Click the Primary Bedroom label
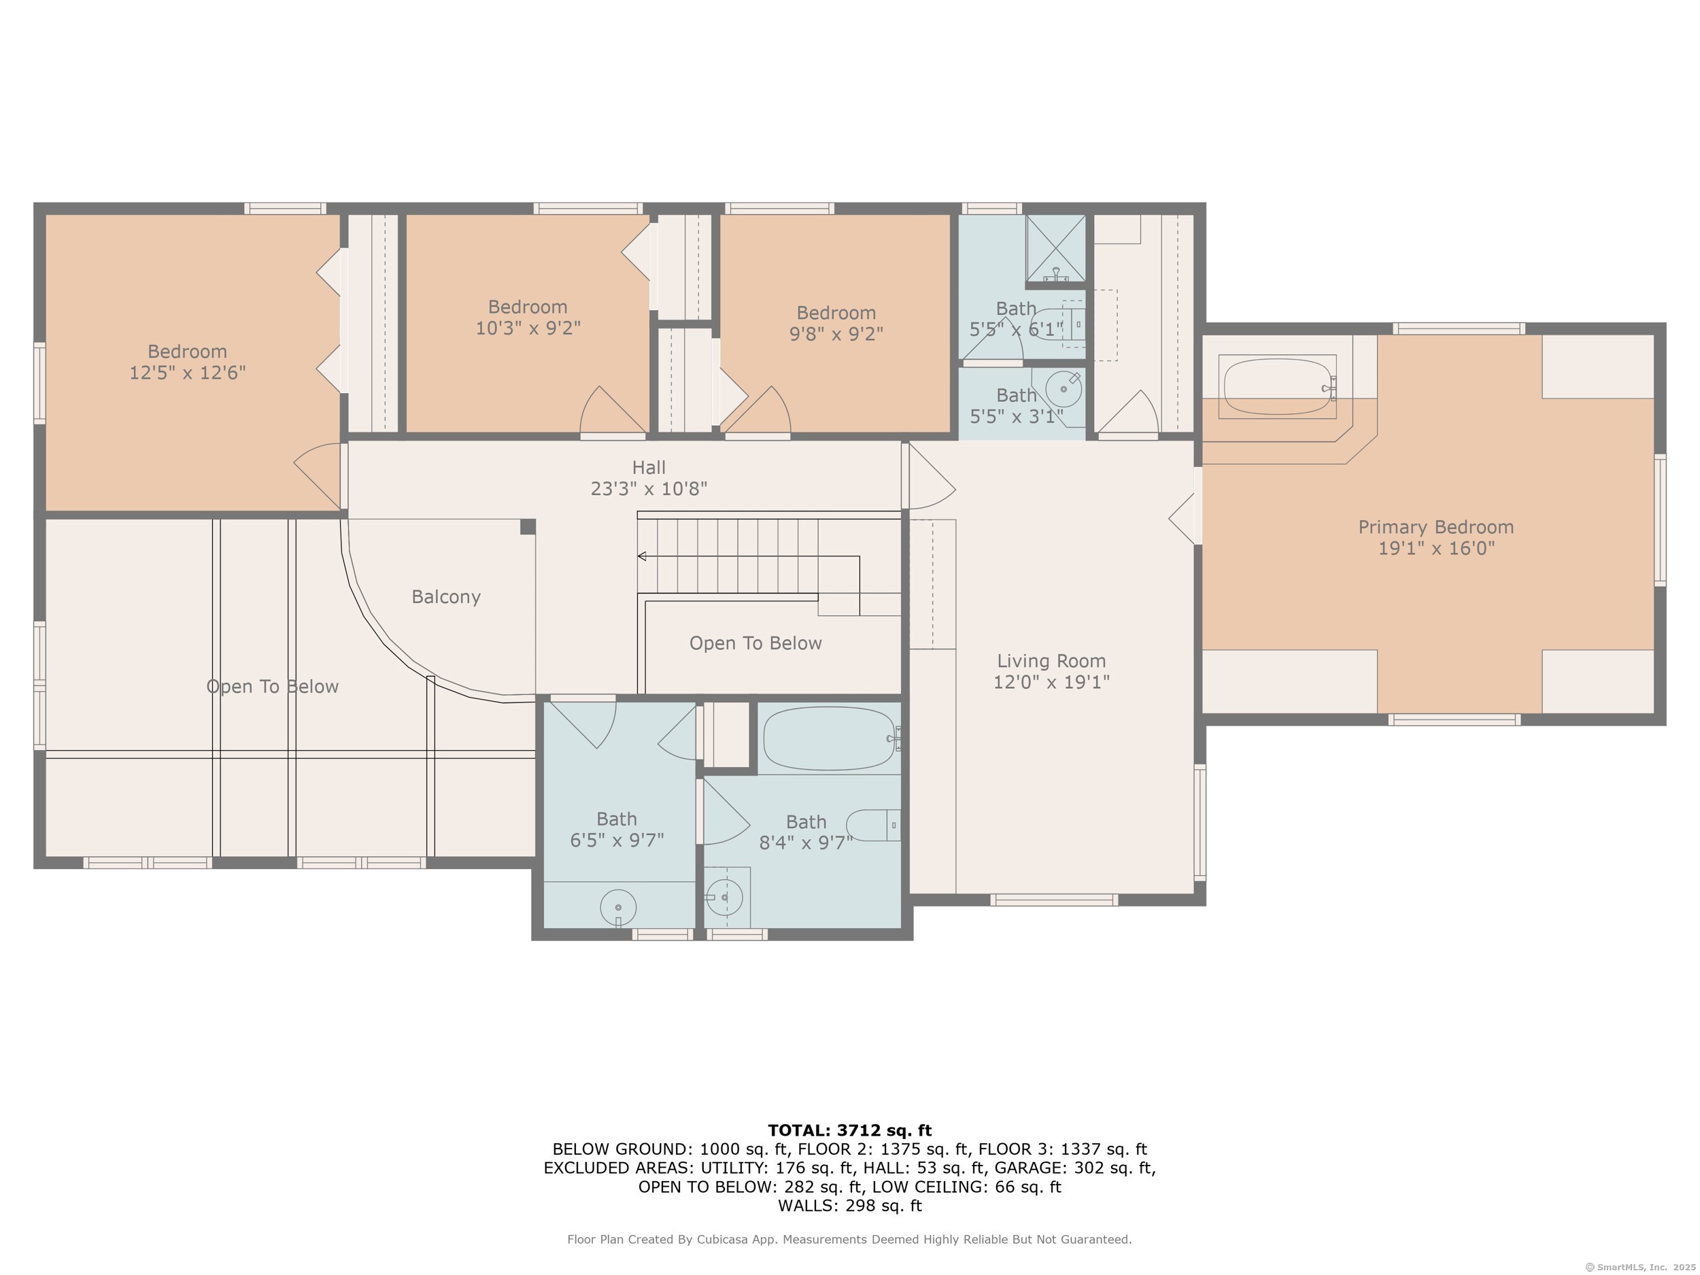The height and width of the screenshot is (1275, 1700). point(1435,527)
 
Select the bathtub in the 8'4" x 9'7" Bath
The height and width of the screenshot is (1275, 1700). point(830,738)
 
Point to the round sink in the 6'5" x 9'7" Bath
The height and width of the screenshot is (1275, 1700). point(618,908)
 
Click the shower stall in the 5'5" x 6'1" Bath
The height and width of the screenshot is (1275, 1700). point(1056,248)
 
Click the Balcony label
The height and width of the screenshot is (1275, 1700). point(446,597)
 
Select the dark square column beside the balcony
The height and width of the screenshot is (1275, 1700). point(528,526)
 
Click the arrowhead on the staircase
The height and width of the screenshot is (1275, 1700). point(642,556)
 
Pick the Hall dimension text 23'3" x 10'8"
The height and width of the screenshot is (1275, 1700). point(649,489)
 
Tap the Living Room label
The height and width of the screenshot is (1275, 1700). point(1051,661)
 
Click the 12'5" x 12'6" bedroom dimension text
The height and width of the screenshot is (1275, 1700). point(188,373)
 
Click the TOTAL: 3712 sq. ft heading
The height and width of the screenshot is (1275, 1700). point(849,1131)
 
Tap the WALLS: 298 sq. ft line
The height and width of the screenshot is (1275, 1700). point(850,1206)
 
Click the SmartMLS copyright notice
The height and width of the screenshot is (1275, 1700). point(1640,1268)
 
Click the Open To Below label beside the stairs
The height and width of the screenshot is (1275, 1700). point(755,643)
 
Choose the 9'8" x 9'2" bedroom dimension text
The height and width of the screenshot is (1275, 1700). point(836,335)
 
